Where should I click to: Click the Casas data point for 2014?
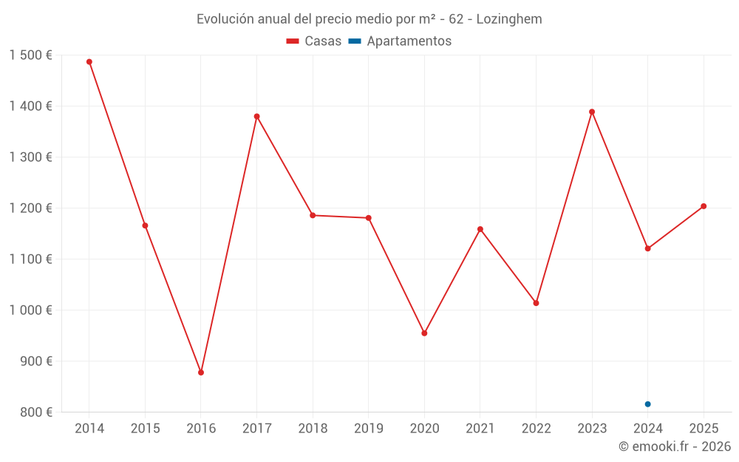[x=89, y=62]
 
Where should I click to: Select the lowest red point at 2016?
[x=201, y=373]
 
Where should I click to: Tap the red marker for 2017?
[x=256, y=117]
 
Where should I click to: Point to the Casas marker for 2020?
[x=424, y=333]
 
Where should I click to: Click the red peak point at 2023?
[x=592, y=112]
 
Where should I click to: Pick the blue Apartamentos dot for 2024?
[x=647, y=404]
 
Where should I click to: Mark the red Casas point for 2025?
[x=704, y=206]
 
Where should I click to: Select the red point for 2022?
[x=536, y=303]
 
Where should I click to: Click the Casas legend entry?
[x=314, y=41]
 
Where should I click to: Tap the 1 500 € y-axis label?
[x=30, y=55]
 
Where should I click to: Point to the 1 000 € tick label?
[x=30, y=310]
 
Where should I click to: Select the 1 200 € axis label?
[x=30, y=208]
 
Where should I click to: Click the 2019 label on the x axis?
[x=368, y=429]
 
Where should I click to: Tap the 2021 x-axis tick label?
[x=480, y=429]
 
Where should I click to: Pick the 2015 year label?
[x=145, y=429]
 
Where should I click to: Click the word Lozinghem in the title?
[x=509, y=19]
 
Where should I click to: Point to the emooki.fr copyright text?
[x=674, y=446]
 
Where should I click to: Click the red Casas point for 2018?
[x=313, y=216]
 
